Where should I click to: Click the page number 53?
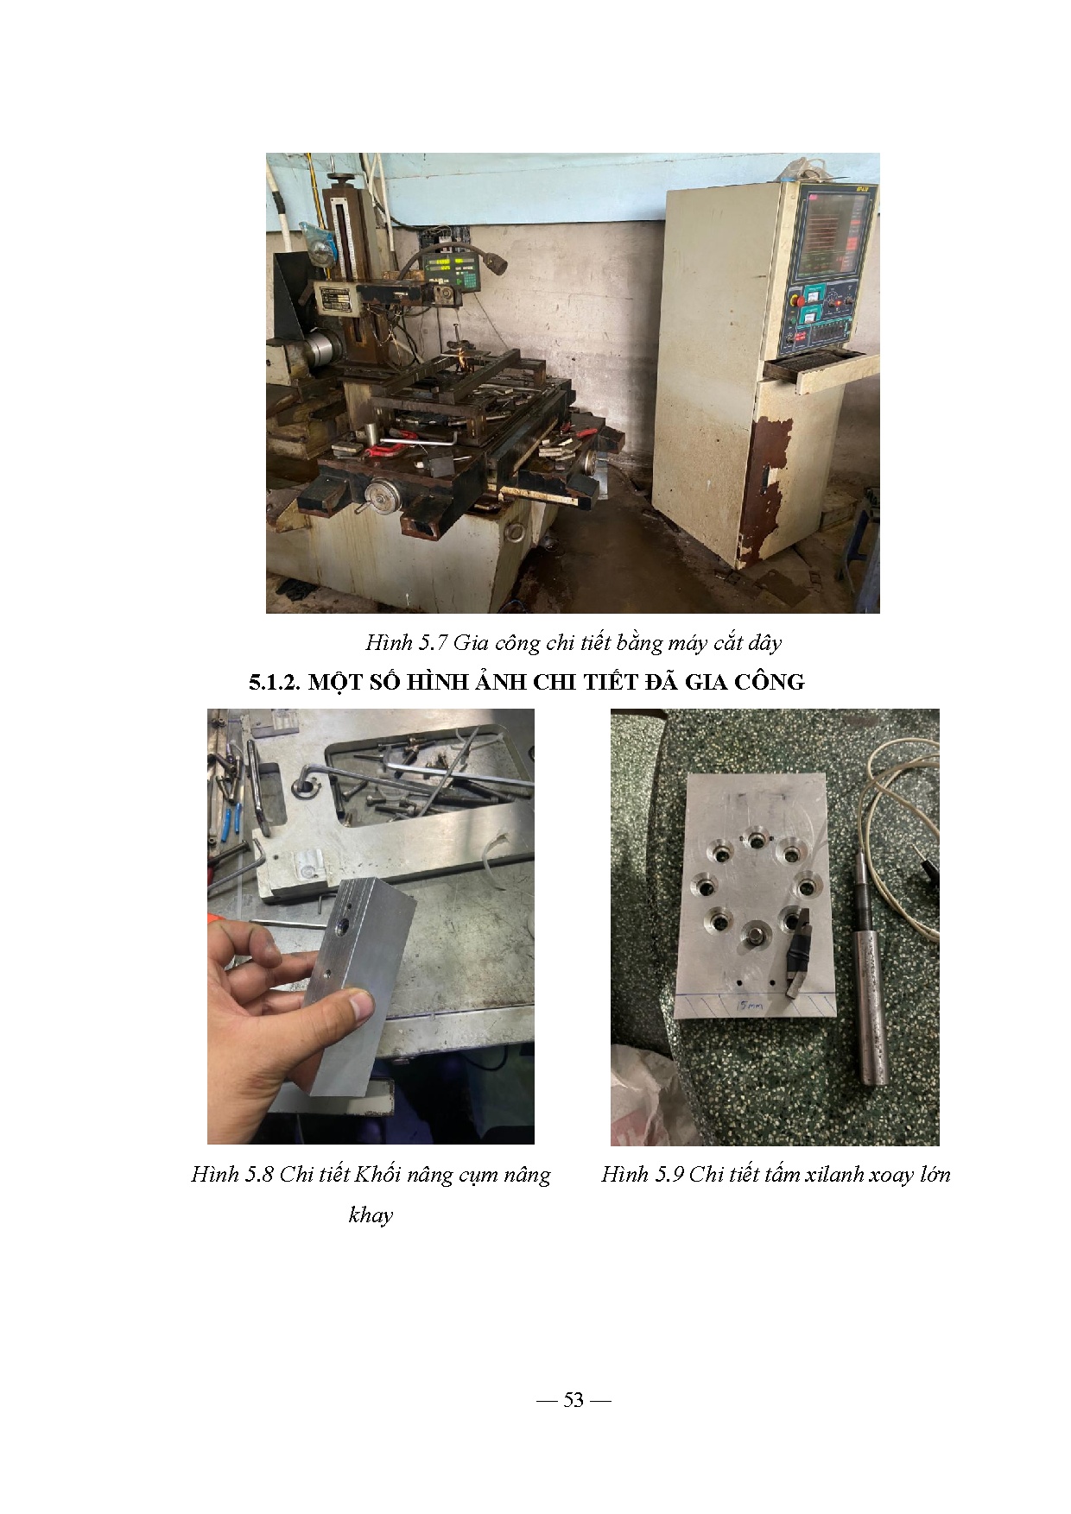pos(574,1399)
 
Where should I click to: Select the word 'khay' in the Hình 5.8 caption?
pos(371,1215)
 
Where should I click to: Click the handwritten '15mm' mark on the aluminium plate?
pos(743,1006)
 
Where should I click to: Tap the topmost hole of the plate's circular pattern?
pos(757,838)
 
